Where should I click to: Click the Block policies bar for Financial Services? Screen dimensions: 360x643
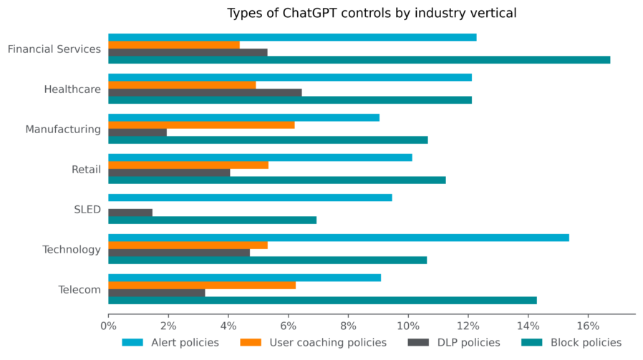point(359,60)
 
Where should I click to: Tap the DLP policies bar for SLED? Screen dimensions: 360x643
point(130,213)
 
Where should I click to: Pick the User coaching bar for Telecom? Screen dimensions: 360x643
point(202,285)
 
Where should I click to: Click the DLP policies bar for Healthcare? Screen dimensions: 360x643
point(205,92)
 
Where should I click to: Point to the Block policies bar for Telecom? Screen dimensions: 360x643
point(322,301)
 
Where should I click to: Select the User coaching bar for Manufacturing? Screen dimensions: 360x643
point(201,125)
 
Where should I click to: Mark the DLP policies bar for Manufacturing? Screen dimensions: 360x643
point(137,132)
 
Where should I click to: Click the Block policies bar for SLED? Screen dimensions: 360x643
point(212,220)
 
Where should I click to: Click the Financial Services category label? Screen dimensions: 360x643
point(54,49)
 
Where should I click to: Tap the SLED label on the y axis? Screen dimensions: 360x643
point(87,210)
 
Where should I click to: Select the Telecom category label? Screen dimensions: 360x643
point(79,290)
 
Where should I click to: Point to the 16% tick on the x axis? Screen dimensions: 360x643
point(588,326)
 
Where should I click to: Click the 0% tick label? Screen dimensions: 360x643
point(108,326)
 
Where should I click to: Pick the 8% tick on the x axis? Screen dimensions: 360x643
point(348,326)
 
